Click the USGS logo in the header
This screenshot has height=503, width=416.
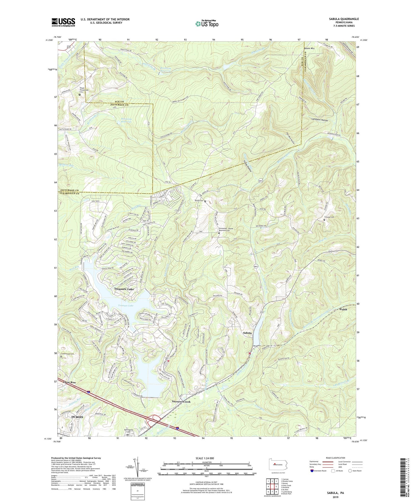tap(63, 22)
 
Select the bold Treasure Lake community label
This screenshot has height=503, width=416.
tap(124, 289)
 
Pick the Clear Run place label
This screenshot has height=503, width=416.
tap(69, 382)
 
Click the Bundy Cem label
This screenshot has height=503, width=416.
tap(199, 201)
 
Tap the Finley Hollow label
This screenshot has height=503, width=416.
tap(248, 166)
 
